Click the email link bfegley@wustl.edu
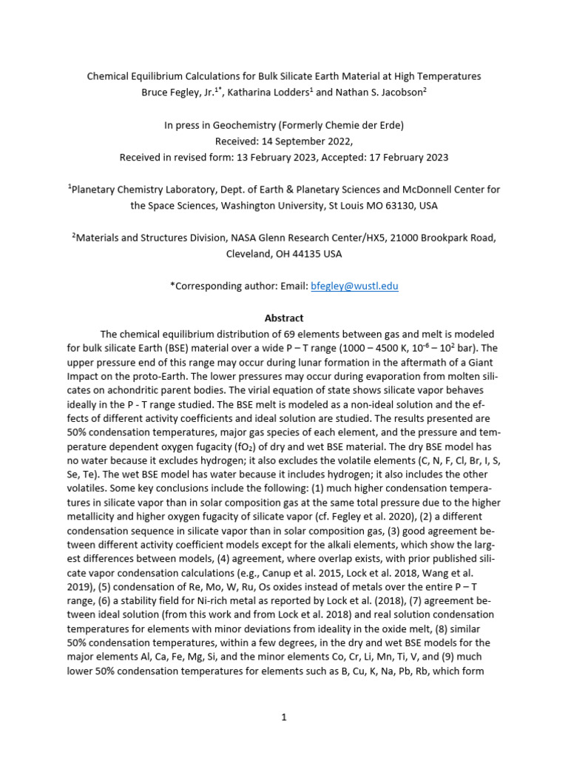354,286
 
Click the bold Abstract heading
284,318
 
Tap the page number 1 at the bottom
284,718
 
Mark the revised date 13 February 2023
271,157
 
